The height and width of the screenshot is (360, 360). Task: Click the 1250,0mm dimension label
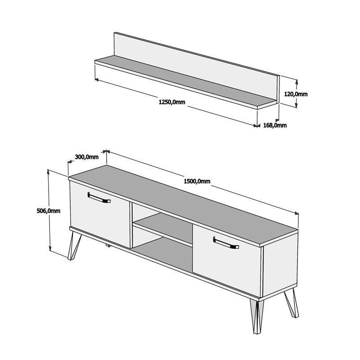click(x=172, y=102)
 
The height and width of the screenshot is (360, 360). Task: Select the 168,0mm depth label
click(x=274, y=125)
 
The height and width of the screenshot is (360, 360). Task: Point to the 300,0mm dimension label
click(x=86, y=157)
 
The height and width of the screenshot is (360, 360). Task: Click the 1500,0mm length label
click(x=197, y=181)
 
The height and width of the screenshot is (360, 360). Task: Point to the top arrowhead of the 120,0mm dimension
click(x=296, y=81)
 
